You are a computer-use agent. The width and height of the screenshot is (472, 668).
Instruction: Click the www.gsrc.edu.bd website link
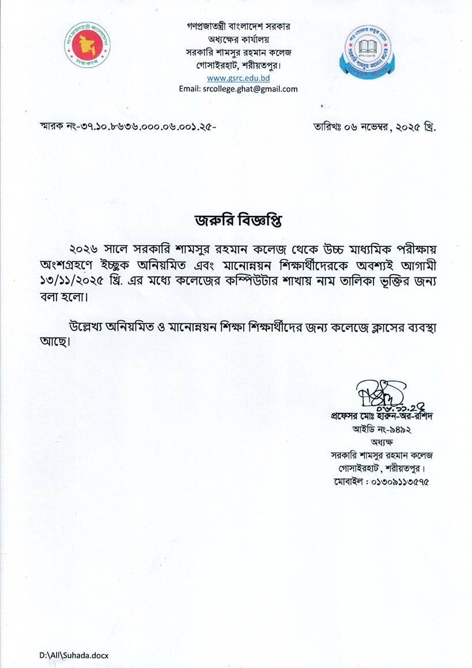coord(238,78)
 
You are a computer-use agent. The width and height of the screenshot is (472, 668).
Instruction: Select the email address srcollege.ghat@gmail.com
coord(238,89)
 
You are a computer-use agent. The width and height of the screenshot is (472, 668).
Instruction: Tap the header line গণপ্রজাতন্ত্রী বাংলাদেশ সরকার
coord(238,27)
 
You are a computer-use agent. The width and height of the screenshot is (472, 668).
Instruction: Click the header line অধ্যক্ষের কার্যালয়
coord(238,40)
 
